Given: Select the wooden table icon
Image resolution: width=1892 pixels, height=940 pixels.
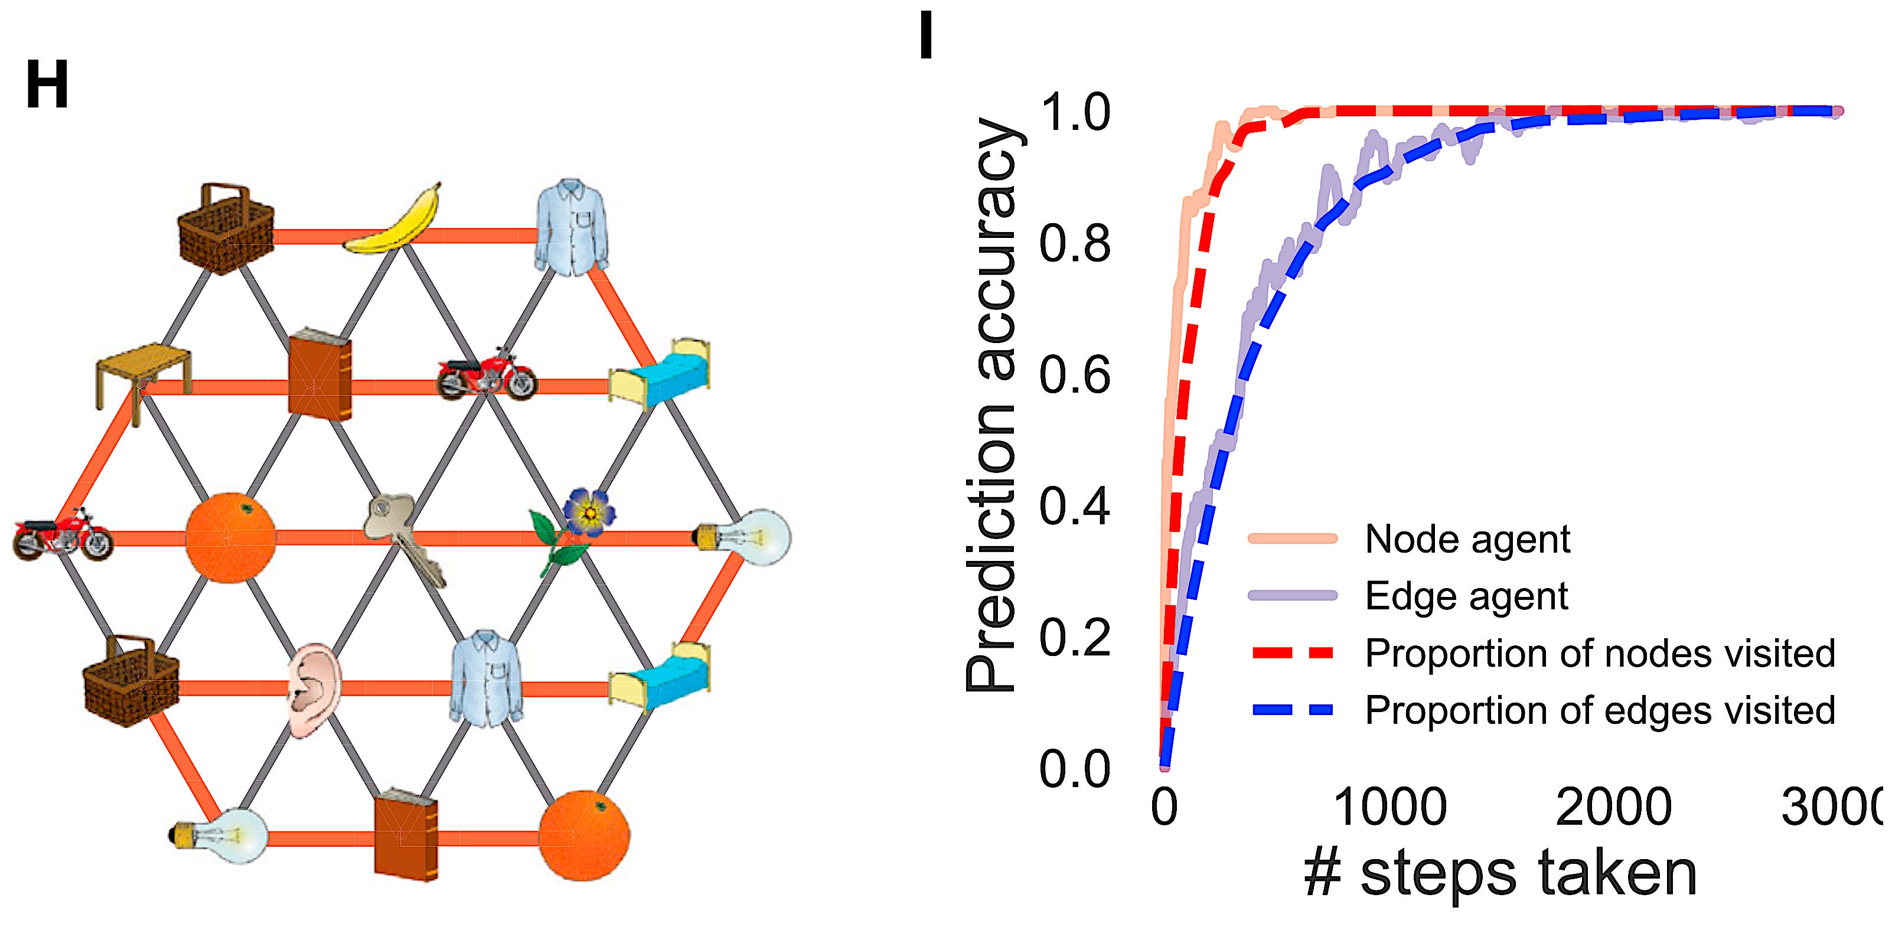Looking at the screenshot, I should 144,378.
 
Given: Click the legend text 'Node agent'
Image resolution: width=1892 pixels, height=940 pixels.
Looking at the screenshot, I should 1467,539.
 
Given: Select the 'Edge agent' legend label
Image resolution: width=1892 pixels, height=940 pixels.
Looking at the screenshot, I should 1466,596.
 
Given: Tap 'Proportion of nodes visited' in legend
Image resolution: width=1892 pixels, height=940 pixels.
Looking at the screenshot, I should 1600,653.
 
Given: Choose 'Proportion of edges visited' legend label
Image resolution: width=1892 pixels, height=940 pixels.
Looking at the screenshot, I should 1600,710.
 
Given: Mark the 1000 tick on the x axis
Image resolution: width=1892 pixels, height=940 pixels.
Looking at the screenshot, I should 1389,807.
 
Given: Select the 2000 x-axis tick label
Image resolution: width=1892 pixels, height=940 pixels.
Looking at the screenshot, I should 1614,807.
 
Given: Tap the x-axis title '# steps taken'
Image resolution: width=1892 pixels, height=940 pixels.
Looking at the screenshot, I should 1500,873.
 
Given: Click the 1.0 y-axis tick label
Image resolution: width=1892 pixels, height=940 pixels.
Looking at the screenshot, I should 1075,114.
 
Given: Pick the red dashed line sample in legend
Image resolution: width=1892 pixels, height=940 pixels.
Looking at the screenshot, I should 1293,653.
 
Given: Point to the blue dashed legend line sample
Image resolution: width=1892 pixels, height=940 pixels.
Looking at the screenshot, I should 1293,710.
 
